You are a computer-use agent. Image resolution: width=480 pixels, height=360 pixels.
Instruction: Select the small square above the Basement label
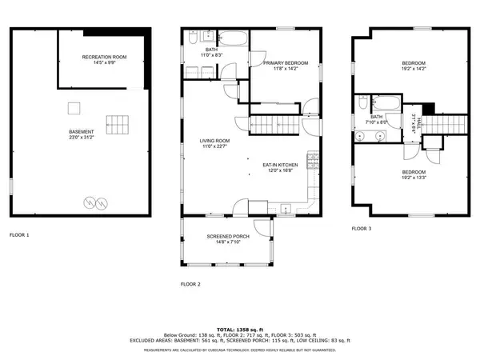(74, 107)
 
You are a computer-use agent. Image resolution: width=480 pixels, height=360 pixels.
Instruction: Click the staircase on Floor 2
(275, 125)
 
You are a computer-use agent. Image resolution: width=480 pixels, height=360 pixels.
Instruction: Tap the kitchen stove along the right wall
(308, 163)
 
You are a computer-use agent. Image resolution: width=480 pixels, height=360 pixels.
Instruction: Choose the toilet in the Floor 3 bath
(363, 103)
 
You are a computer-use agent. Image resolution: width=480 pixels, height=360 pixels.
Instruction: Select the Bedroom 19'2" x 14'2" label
(414, 66)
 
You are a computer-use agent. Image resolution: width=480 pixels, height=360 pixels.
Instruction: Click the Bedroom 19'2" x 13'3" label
(414, 174)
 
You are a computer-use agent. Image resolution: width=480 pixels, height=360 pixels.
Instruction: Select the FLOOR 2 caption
(190, 284)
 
